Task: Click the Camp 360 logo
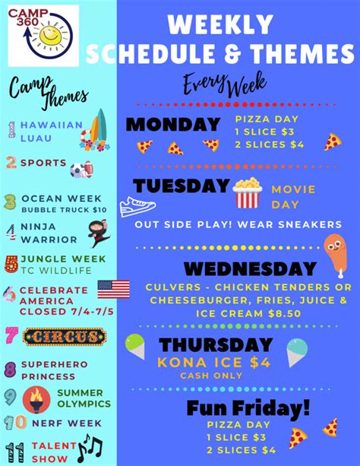pos(43,35)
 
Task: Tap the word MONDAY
pos(172,125)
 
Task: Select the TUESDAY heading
pos(181,187)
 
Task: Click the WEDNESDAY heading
pos(250,268)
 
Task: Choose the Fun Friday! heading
pos(248,407)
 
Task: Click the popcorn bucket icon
pos(248,193)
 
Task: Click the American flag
pos(113,290)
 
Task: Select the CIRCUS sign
pos(65,336)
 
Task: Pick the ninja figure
pos(99,233)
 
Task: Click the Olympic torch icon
pos(37,398)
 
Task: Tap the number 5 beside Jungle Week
pos(11,264)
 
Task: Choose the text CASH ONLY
pos(211,376)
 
